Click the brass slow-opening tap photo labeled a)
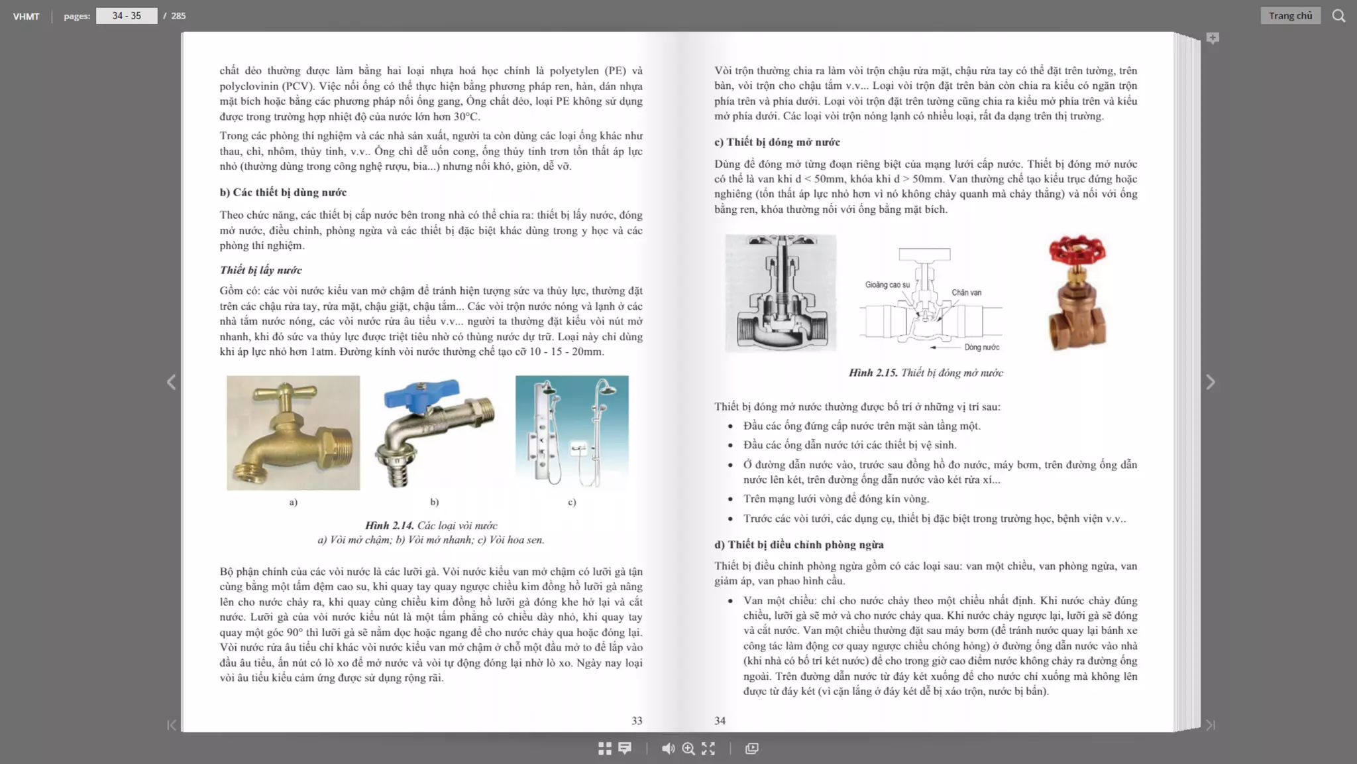[x=293, y=433]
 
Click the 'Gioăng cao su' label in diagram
[x=887, y=285]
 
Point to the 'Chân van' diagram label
[x=966, y=292]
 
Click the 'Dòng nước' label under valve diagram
[x=981, y=348]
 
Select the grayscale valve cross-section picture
[x=781, y=292]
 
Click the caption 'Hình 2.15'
[x=873, y=373]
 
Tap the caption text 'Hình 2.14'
[x=389, y=525]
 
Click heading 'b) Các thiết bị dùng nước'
[x=283, y=192]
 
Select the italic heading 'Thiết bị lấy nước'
[x=260, y=270]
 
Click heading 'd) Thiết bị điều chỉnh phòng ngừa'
[x=798, y=544]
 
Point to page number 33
[x=637, y=720]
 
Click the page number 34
[x=720, y=720]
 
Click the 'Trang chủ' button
[x=1289, y=16]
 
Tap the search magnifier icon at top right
[x=1338, y=16]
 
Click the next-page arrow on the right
[x=1210, y=382]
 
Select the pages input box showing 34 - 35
[x=127, y=16]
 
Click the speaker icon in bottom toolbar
[x=668, y=748]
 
